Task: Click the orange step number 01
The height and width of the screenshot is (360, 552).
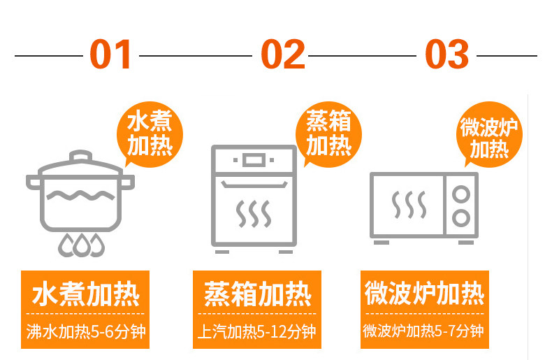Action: tap(111, 55)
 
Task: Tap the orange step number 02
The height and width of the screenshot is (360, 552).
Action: tap(282, 55)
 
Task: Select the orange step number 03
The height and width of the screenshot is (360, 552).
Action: tap(447, 55)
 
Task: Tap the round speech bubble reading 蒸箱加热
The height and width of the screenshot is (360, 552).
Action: tap(329, 134)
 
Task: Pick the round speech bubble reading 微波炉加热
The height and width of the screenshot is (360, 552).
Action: tap(490, 138)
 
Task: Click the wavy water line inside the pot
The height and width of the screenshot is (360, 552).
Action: tap(80, 193)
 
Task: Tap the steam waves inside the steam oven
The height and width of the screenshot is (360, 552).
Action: tap(253, 214)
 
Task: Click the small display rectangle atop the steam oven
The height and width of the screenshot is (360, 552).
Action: tap(253, 160)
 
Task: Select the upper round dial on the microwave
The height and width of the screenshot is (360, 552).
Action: tap(461, 194)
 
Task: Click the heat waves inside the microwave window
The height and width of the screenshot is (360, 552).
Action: tap(409, 204)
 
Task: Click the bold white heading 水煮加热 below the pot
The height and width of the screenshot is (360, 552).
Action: tap(85, 294)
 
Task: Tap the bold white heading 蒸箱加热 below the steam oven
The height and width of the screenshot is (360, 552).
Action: tap(257, 294)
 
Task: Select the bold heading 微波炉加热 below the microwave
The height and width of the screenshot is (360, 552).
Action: tap(424, 294)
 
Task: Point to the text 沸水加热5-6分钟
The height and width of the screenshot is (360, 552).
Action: tap(85, 331)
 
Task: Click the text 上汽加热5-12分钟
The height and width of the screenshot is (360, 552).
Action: tap(257, 331)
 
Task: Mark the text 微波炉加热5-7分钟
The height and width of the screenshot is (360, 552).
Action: tap(424, 331)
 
